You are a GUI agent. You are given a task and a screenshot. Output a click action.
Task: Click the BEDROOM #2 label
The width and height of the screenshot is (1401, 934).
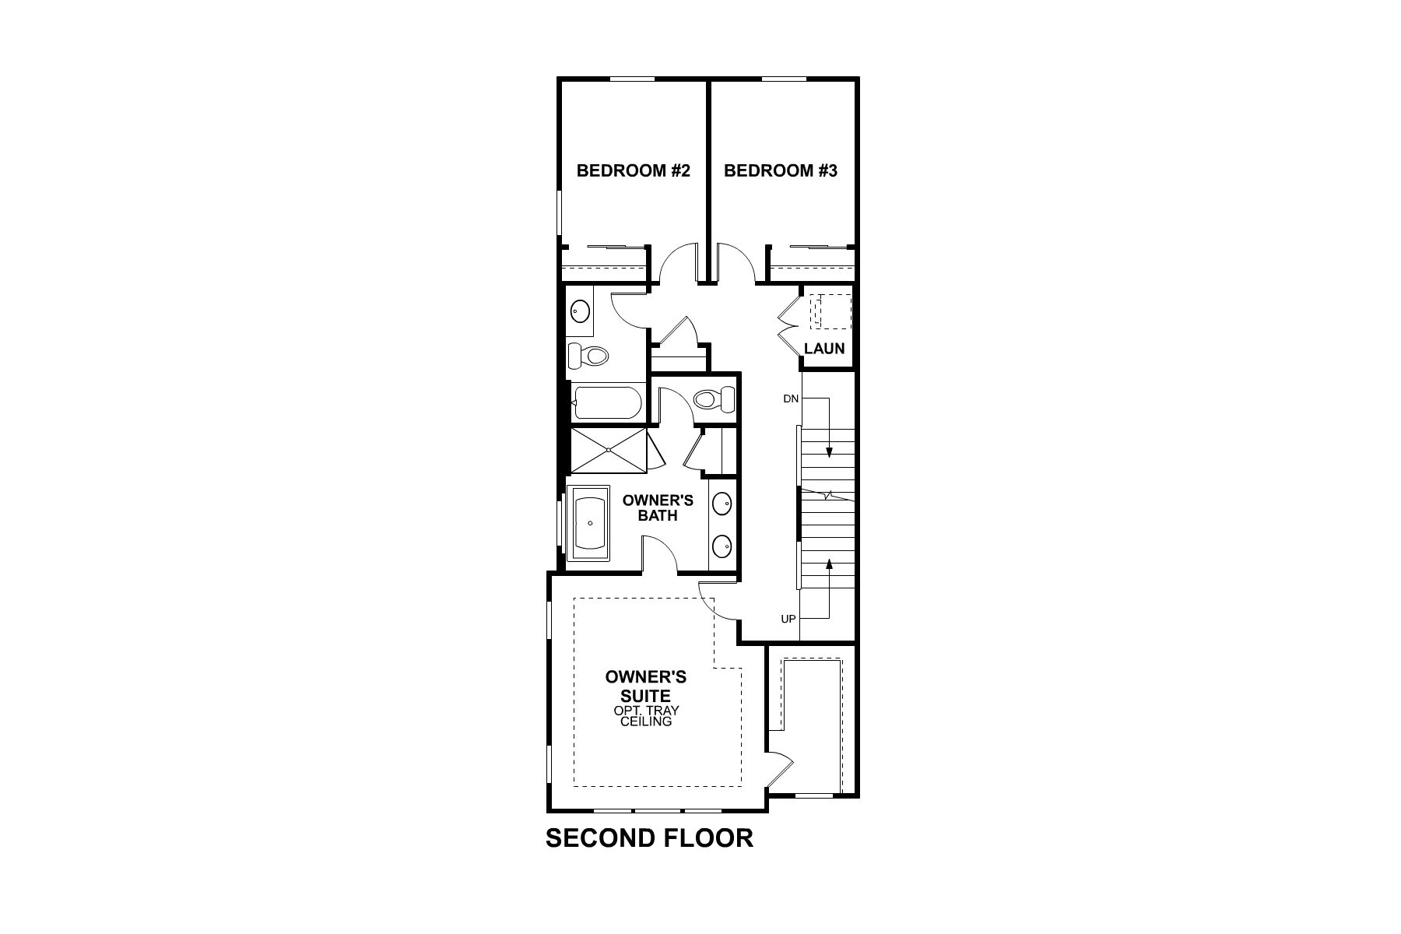coord(633,170)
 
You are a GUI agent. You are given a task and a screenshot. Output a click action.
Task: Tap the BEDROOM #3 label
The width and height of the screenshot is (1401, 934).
coord(780,170)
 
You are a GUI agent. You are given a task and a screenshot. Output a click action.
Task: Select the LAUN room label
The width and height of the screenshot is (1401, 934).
coord(824,348)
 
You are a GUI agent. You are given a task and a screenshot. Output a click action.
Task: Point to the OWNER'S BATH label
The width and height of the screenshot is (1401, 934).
coord(658,507)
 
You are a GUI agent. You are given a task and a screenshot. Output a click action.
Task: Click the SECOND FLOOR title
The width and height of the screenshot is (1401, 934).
coord(649,837)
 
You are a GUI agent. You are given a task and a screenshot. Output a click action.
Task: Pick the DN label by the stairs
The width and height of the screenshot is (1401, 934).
coord(791,399)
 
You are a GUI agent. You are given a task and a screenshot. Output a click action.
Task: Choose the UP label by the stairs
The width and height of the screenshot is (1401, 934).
coord(788,620)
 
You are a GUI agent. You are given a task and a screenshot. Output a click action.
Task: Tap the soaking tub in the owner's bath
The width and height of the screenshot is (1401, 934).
coord(589,523)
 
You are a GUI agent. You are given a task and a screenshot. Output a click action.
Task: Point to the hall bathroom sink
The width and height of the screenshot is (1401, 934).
coord(580,312)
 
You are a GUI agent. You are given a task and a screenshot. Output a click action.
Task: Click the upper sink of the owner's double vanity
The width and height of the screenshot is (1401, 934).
coord(722,504)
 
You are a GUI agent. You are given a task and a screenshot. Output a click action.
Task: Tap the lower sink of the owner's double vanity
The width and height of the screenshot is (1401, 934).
coord(722,547)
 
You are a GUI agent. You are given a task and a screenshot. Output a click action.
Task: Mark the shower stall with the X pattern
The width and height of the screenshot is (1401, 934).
coord(608,449)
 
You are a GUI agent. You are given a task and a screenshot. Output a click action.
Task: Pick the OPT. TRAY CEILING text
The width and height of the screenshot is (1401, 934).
coord(646,717)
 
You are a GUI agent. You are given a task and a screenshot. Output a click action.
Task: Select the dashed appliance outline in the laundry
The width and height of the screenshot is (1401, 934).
coord(830,312)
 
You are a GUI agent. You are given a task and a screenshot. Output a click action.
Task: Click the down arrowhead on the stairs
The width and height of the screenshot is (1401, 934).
coord(830,452)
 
